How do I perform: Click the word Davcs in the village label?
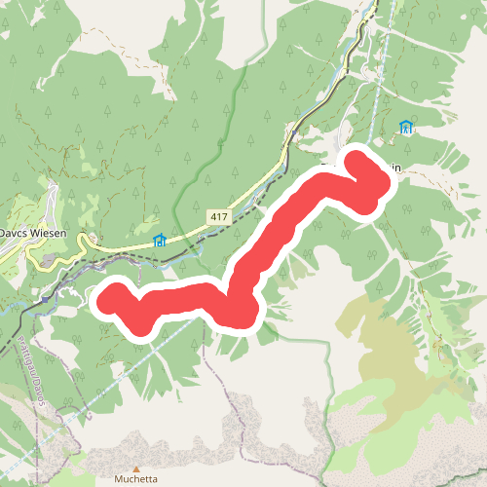tap(19, 235)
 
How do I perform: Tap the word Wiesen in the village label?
tap(54, 235)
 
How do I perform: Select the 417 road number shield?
tap(218, 215)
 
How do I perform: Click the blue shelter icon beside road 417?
tap(160, 240)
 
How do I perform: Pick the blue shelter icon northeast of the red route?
tap(406, 127)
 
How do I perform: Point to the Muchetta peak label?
tap(136, 479)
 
